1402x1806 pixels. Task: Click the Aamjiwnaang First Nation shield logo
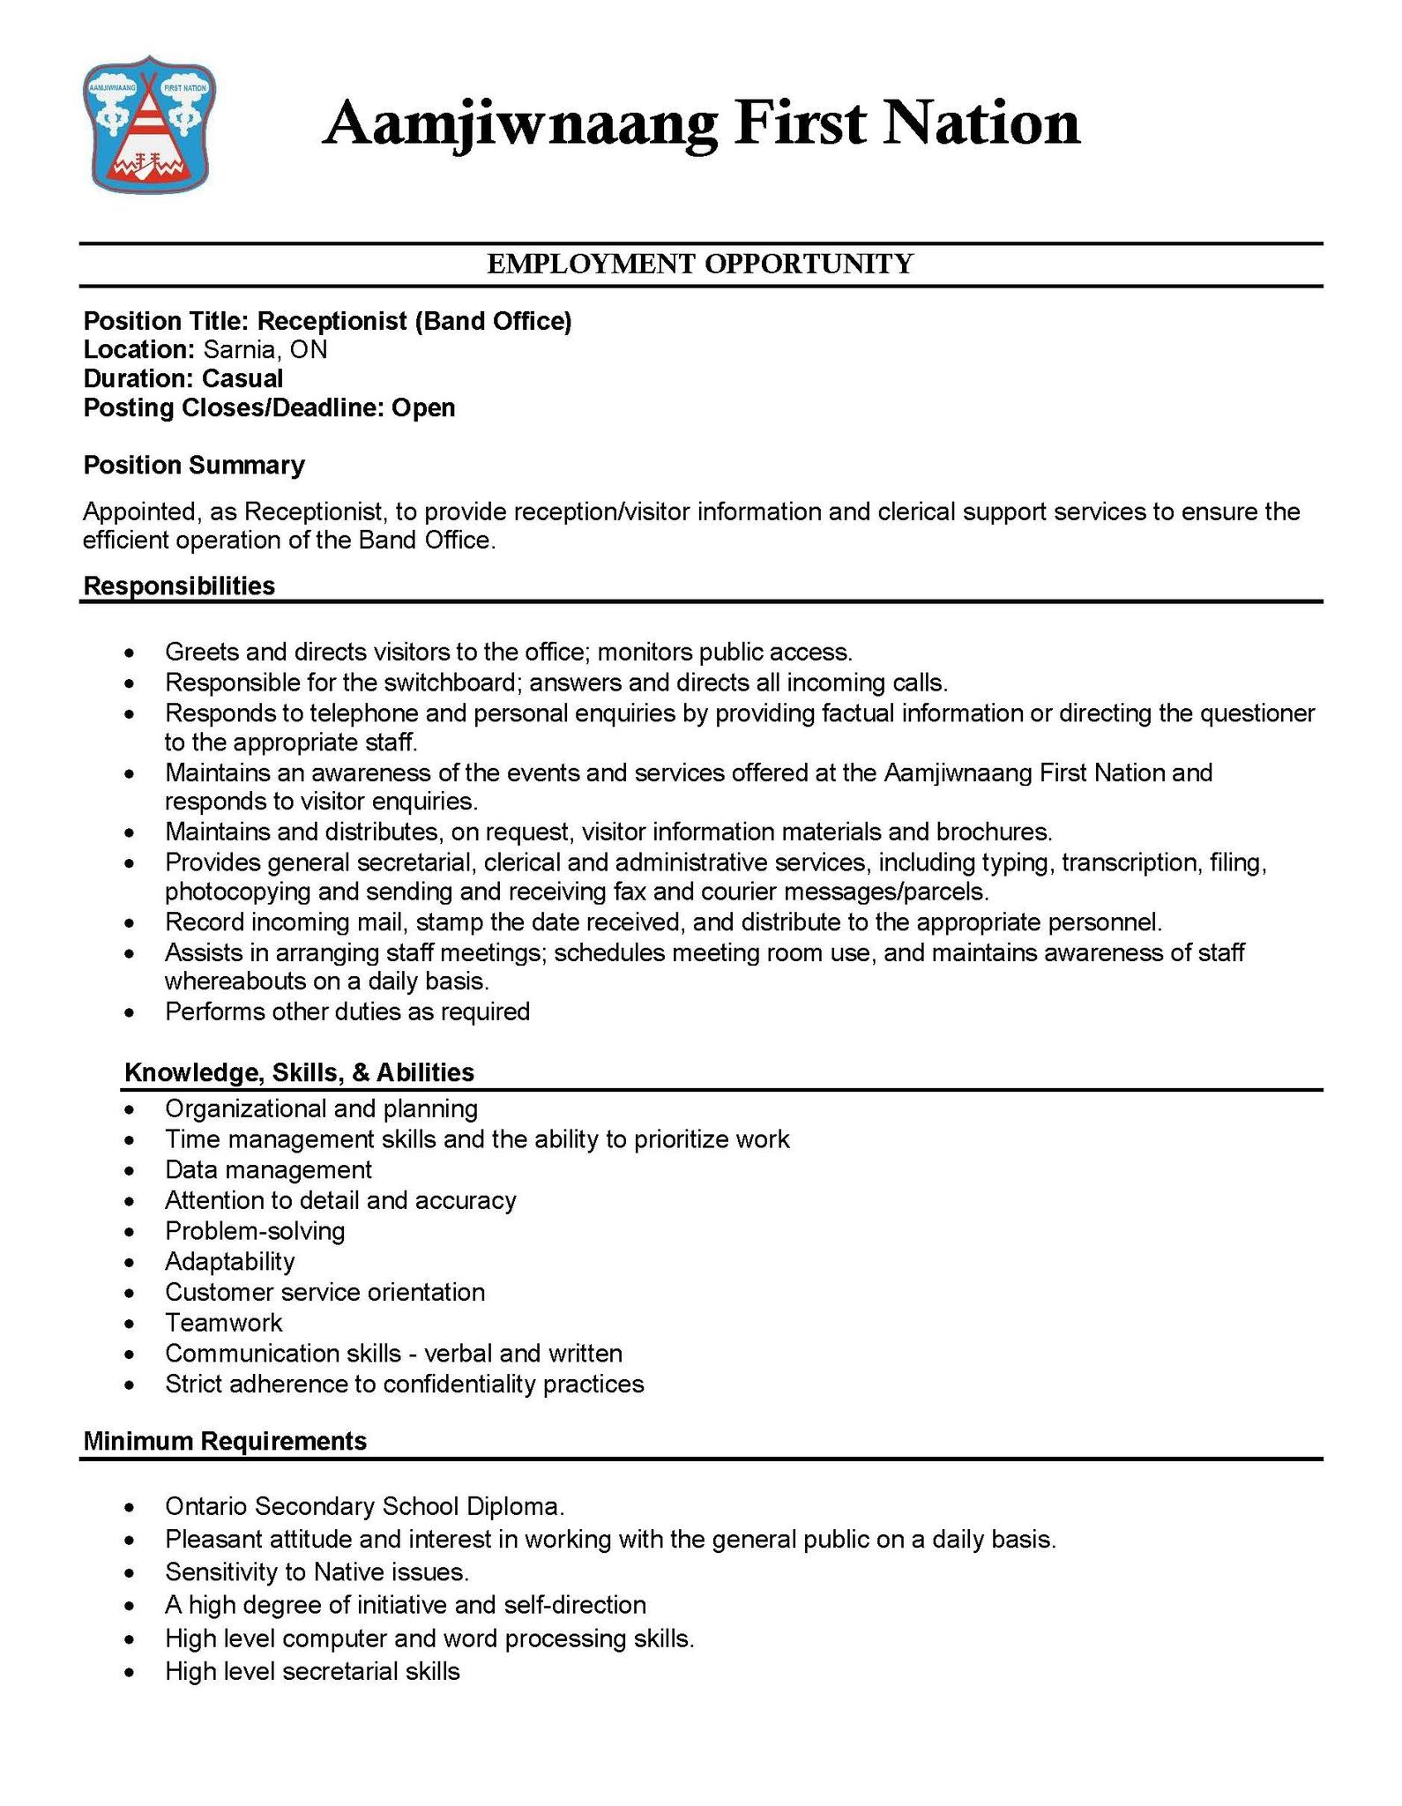point(150,123)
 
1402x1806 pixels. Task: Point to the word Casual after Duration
point(242,379)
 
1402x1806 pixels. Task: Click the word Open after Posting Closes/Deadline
point(423,408)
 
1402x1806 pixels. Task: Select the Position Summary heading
point(194,466)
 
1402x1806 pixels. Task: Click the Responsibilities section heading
point(179,586)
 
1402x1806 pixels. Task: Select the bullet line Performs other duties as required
point(347,1011)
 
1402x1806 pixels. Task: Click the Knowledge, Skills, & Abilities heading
point(299,1072)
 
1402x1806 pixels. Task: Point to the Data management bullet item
point(268,1170)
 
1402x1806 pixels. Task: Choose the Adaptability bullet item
point(229,1262)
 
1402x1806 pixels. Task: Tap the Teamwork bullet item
point(223,1323)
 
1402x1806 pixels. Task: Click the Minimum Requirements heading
point(225,1441)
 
